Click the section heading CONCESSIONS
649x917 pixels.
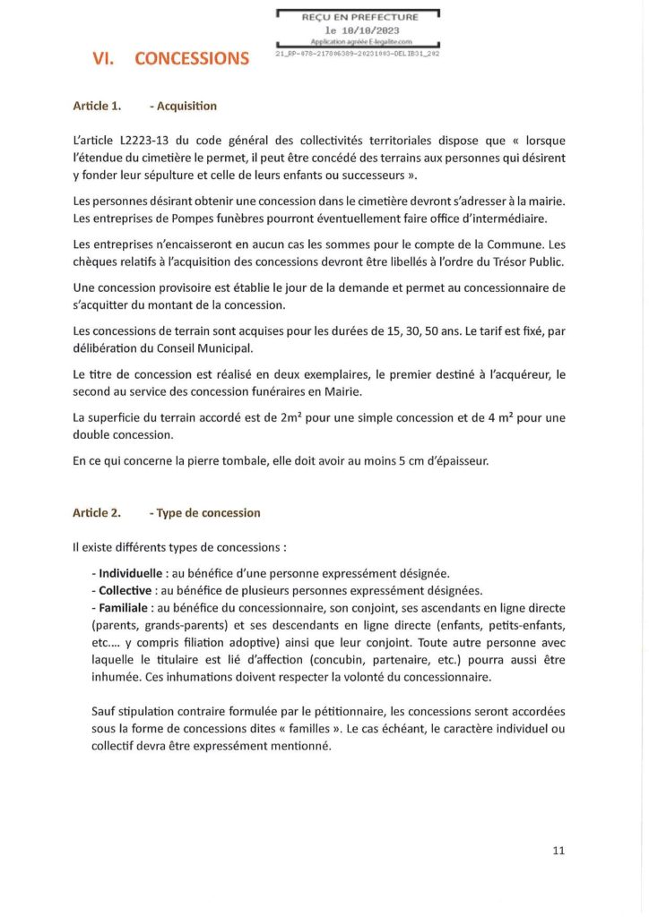[192, 59]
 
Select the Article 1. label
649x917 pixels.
[97, 106]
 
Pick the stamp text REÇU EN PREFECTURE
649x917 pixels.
[359, 17]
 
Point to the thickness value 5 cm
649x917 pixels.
[441, 461]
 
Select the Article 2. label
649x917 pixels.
[97, 513]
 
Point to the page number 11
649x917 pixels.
[558, 851]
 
